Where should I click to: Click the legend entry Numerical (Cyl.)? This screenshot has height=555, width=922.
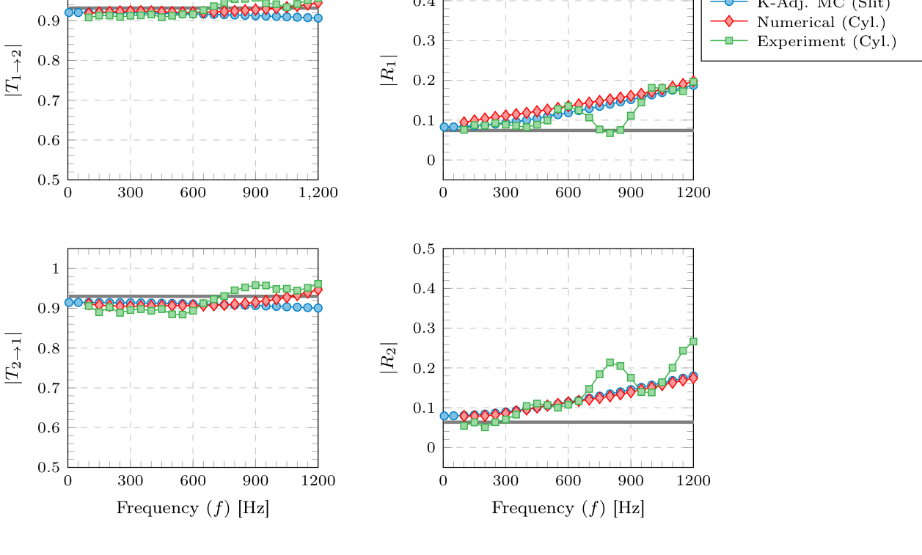[821, 22]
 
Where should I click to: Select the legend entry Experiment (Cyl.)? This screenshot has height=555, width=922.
[826, 41]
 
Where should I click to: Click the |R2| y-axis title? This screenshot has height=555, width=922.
[388, 358]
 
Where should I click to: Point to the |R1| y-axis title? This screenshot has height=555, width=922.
[388, 70]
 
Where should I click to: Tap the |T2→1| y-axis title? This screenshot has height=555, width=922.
[13, 358]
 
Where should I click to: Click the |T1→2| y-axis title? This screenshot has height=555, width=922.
[13, 70]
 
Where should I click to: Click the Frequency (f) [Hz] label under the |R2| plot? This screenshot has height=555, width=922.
[568, 508]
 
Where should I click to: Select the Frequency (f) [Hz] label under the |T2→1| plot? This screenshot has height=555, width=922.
[192, 508]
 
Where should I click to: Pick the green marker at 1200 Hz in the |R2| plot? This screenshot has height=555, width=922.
[693, 342]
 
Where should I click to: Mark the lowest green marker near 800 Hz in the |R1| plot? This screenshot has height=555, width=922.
[610, 133]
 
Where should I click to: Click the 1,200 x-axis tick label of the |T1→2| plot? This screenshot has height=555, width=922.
[318, 193]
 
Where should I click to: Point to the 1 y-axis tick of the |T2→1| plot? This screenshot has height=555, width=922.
[56, 269]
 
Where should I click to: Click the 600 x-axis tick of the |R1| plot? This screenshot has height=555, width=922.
[568, 193]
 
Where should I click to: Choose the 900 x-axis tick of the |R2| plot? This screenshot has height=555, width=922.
[630, 481]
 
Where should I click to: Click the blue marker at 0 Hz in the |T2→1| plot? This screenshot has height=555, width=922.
[69, 302]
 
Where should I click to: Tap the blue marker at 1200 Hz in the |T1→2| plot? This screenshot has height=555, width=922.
[318, 18]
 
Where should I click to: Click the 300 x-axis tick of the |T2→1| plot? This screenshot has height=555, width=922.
[131, 481]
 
